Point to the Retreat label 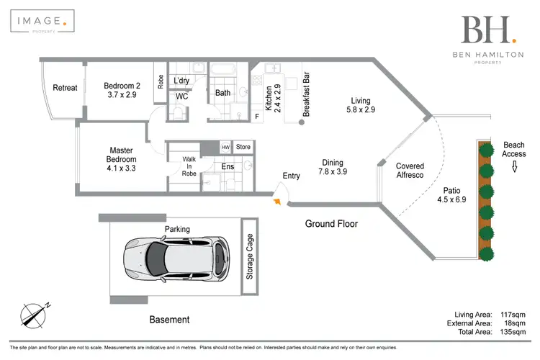click(x=65, y=88)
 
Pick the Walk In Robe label click(x=189, y=166)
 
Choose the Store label click(x=243, y=147)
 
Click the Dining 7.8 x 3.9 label click(x=333, y=167)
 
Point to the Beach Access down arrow click(x=514, y=166)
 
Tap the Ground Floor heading click(x=331, y=223)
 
